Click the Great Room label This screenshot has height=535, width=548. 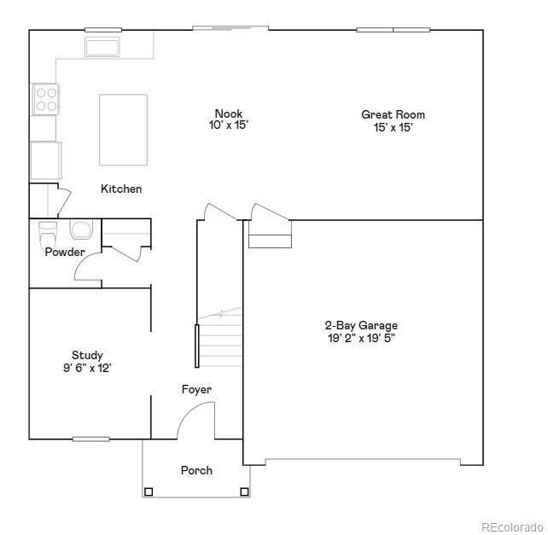click(x=393, y=114)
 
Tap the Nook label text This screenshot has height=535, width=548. click(x=228, y=113)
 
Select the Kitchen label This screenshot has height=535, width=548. click(x=121, y=189)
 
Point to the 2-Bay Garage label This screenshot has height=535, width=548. click(x=360, y=325)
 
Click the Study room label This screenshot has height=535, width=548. click(x=87, y=355)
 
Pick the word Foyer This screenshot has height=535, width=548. click(x=196, y=390)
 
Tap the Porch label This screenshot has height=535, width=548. click(x=196, y=470)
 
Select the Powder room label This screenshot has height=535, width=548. click(x=65, y=253)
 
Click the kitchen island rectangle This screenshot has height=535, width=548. click(x=123, y=130)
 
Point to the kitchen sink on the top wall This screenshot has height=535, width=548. click(x=103, y=46)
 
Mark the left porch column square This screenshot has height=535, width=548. click(x=149, y=491)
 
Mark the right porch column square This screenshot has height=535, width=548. click(x=244, y=491)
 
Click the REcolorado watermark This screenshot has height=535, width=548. click(x=511, y=526)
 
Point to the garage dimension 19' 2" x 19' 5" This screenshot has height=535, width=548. click(x=360, y=338)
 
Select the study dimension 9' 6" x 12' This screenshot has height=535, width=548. click(x=87, y=368)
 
